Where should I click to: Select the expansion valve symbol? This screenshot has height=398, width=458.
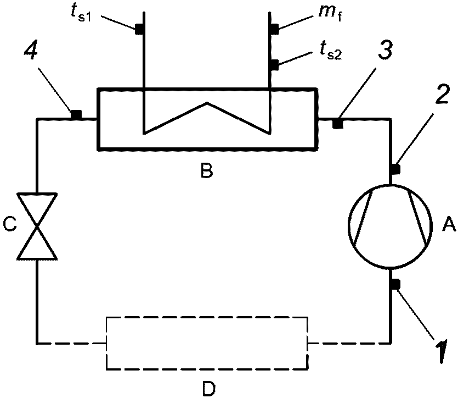tap(36, 226)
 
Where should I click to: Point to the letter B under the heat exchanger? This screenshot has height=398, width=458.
tap(206, 172)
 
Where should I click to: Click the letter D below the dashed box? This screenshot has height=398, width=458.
tap(207, 388)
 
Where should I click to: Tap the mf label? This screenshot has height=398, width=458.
tap(325, 12)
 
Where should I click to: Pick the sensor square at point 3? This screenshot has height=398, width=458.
tap(338, 124)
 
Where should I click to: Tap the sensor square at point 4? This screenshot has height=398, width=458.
tap(76, 114)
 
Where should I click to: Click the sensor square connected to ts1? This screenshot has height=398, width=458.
tap(140, 29)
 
